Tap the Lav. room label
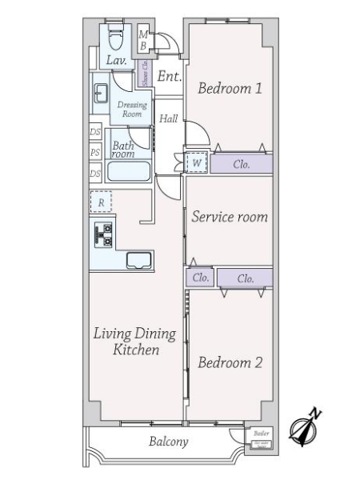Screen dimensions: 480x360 tap(114, 61)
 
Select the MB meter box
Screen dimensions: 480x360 tap(143, 40)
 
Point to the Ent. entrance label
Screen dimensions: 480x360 tap(169, 77)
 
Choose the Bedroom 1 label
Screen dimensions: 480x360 tap(230, 89)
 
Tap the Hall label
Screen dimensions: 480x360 tap(168, 118)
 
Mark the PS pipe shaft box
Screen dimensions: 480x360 tap(94, 152)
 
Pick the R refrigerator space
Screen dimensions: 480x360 tap(101, 203)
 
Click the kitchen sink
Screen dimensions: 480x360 tap(138, 259)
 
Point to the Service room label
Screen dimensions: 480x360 tap(229, 217)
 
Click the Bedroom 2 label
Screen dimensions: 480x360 tap(230, 362)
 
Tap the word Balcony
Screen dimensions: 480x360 tap(168, 442)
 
